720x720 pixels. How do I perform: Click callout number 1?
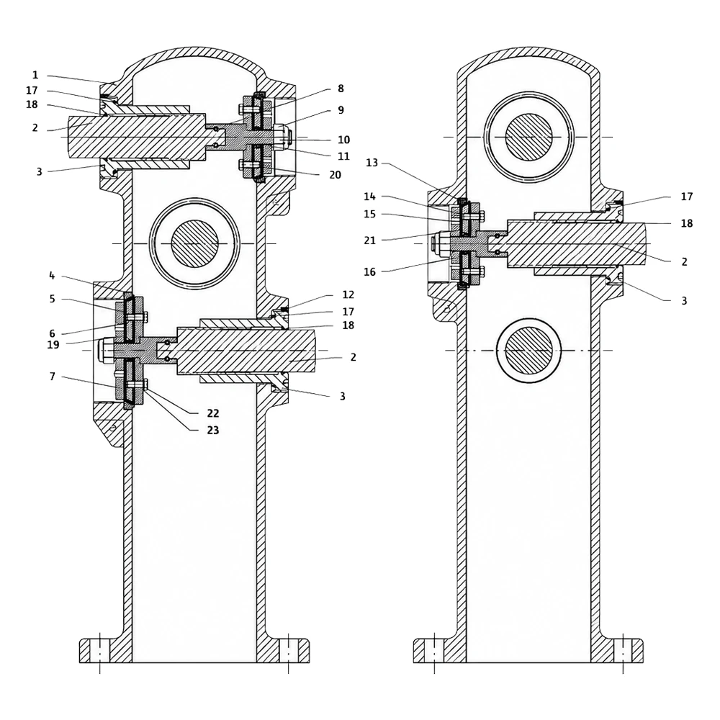coord(35,75)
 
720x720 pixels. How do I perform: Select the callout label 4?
coord(52,276)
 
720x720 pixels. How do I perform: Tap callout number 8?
coord(341,88)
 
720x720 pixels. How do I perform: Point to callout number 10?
coord(344,140)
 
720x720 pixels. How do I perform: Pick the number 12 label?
coord(348,294)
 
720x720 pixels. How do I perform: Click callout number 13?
coord(372,163)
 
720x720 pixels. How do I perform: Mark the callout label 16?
coord(369,272)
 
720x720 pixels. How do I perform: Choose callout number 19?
coord(53,344)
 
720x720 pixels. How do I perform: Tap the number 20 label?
coord(336,175)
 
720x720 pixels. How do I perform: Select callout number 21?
coord(369,240)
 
